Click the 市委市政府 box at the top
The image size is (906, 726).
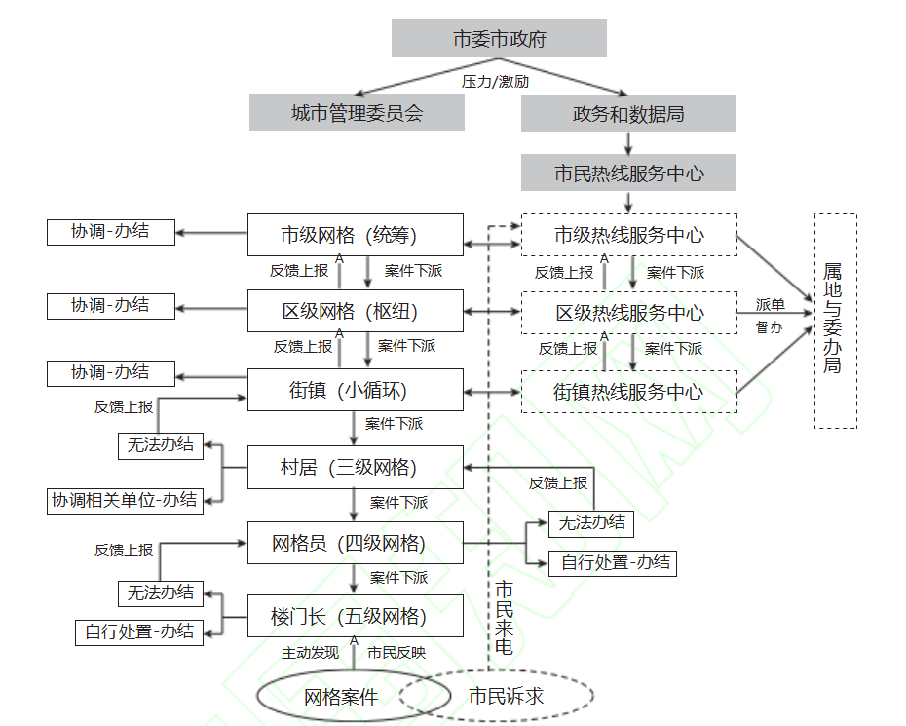pyautogui.click(x=499, y=39)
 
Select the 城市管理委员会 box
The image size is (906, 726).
pyautogui.click(x=357, y=113)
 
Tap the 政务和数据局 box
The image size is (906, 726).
pyautogui.click(x=628, y=113)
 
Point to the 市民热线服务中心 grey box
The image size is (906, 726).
pyautogui.click(x=628, y=173)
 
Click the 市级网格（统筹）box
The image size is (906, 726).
pyautogui.click(x=355, y=235)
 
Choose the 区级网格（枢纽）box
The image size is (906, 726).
pyautogui.click(x=355, y=313)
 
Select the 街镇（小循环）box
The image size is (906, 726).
pyautogui.click(x=355, y=391)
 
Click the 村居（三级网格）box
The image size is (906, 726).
pyautogui.click(x=355, y=468)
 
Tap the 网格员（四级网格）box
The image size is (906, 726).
pyautogui.click(x=355, y=543)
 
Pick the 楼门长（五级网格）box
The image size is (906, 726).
pyautogui.click(x=355, y=617)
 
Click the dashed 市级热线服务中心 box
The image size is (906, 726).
pyautogui.click(x=628, y=235)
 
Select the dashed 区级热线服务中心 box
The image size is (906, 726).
pyautogui.click(x=628, y=313)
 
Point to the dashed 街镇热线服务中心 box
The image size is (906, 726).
pyautogui.click(x=628, y=392)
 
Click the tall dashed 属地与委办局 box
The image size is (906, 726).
pyautogui.click(x=835, y=321)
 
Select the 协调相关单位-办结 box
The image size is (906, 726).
pyautogui.click(x=126, y=501)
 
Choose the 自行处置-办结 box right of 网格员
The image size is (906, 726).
pyautogui.click(x=613, y=562)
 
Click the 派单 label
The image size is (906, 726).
pyautogui.click(x=770, y=305)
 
